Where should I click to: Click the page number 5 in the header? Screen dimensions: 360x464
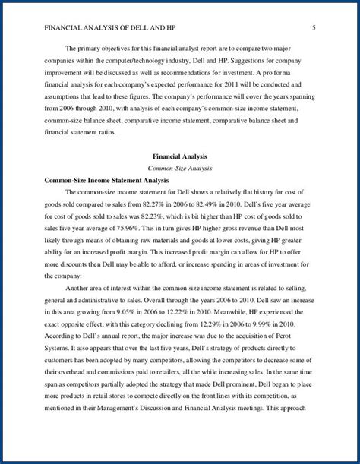(314, 29)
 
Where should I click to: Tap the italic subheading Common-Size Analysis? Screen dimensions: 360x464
(179, 168)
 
